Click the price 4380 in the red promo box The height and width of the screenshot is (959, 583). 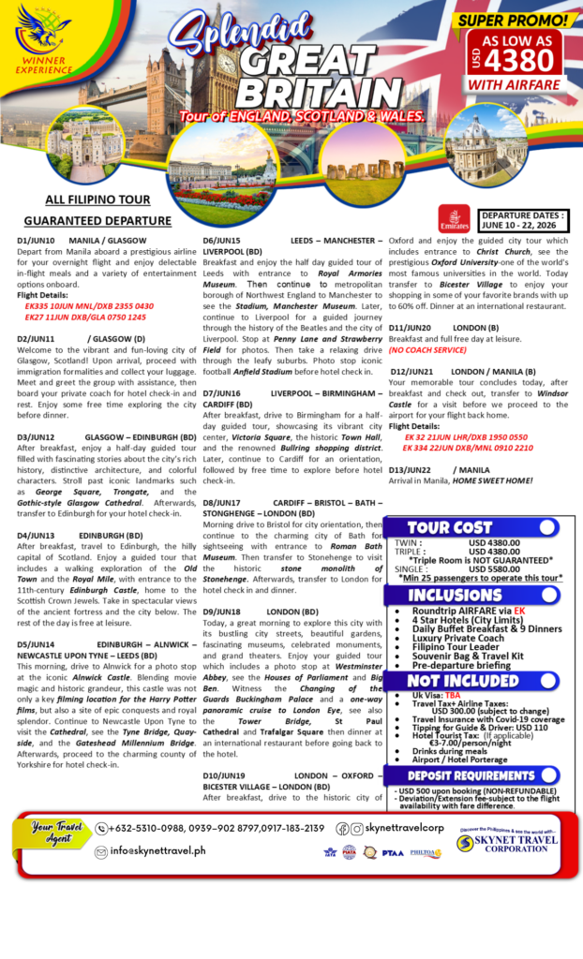527,59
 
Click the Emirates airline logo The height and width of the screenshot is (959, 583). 454,221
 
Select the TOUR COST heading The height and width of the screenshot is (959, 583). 450,527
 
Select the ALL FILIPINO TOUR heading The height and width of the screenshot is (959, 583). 97,199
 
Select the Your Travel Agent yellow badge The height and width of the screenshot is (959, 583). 53,832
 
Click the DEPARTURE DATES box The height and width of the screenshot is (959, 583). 523,221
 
